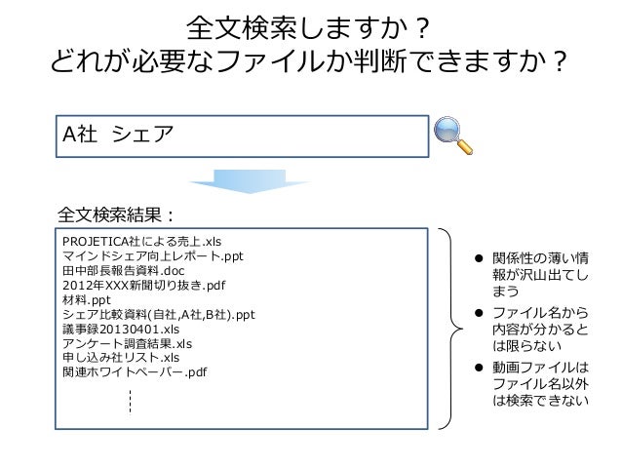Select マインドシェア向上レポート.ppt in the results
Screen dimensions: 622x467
coord(151,256)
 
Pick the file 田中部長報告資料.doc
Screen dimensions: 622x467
coord(122,271)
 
